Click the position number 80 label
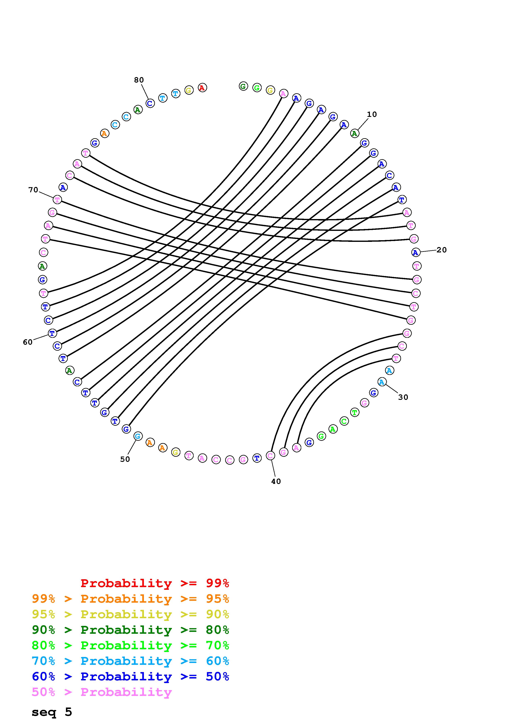pos(139,80)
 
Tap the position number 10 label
pos(372,114)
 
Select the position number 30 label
pos(403,397)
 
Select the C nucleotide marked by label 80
pos(150,103)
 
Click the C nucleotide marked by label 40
pos(270,456)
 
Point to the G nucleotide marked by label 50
pos(138,436)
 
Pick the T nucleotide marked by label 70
pos(57,200)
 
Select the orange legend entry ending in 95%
pos(130,599)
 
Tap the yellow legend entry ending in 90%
pos(130,614)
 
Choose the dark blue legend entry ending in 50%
pos(130,676)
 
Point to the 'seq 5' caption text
pos(52,712)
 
